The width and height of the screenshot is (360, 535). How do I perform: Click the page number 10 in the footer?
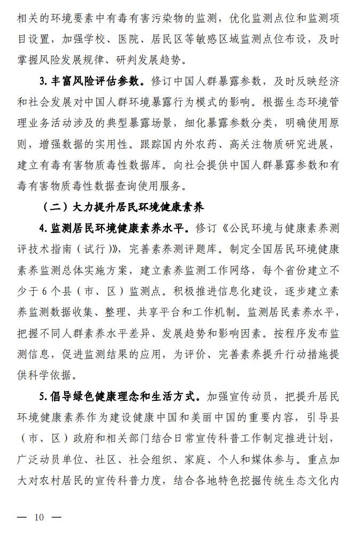pos(39,517)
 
